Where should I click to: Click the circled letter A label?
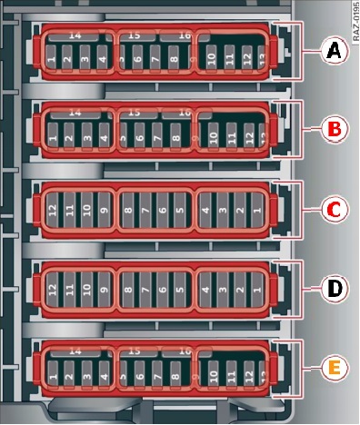click(335, 54)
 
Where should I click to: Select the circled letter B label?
click(335, 131)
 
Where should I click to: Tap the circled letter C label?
click(335, 211)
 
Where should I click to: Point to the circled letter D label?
click(335, 289)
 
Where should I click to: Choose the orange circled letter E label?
click(335, 368)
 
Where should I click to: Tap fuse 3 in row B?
click(85, 138)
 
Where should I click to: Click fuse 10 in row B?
click(213, 138)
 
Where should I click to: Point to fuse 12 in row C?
click(52, 213)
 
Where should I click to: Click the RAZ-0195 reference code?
click(351, 24)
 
